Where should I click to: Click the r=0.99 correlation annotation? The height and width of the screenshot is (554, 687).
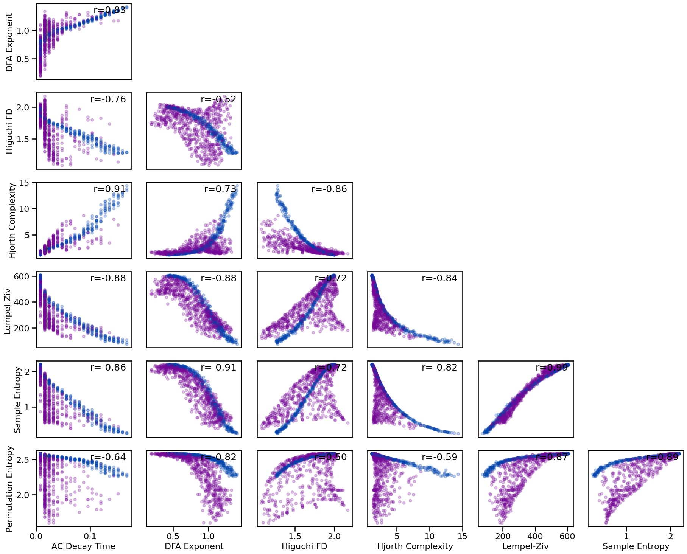551,368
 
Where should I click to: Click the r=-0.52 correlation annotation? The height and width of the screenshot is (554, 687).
218,99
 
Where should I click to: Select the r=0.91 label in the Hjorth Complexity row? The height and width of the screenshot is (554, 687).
110,189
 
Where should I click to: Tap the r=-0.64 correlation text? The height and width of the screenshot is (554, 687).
108,457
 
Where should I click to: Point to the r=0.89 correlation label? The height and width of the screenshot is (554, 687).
662,457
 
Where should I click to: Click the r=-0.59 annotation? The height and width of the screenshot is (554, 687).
439,457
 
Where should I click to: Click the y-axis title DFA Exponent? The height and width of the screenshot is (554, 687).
10,42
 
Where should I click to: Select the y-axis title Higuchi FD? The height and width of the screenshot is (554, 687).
10,131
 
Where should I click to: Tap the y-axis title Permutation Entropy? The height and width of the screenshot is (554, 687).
10,489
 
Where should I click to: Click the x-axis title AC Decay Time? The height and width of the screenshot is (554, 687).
83,546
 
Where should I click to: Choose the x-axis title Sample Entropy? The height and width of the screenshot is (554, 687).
636,546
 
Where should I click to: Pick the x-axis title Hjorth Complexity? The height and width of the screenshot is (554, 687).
415,546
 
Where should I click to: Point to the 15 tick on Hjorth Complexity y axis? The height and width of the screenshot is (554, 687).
24,183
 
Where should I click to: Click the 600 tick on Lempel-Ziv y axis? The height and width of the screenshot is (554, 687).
22,276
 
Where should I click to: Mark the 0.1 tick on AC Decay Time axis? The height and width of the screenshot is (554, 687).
90,536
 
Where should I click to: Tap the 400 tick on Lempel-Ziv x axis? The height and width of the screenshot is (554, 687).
535,536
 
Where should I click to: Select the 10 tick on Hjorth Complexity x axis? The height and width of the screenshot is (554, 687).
430,536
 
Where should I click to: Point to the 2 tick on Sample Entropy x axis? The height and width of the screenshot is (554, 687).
671,536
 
